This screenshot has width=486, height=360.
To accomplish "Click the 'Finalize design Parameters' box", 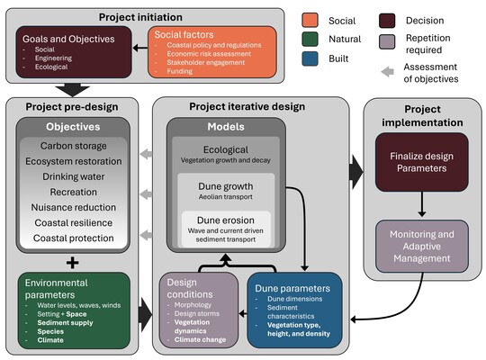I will pyautogui.click(x=421, y=163).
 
